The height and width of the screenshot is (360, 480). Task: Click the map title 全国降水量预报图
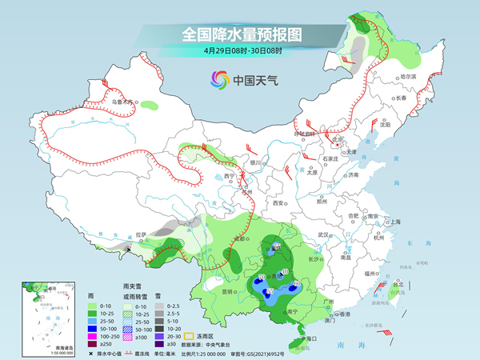tap(241, 34)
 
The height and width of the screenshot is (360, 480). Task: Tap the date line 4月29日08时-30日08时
tap(242, 52)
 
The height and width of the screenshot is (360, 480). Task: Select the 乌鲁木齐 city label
tap(120, 102)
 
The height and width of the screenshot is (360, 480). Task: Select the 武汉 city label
tap(323, 234)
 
